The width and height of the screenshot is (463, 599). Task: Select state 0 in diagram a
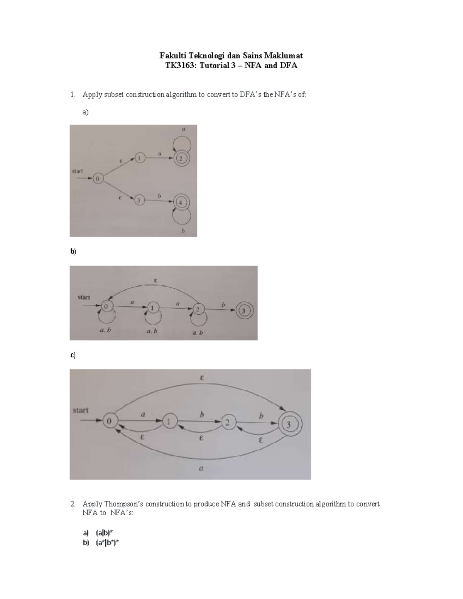(x=98, y=179)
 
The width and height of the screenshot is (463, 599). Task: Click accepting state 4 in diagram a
(x=180, y=202)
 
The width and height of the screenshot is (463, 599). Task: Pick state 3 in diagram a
(x=139, y=200)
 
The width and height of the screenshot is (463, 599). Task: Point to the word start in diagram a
(x=78, y=171)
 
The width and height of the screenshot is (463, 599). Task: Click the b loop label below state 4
(x=183, y=231)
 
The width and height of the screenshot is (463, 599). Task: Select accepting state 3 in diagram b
(x=244, y=310)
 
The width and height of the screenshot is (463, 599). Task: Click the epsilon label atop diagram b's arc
(x=155, y=281)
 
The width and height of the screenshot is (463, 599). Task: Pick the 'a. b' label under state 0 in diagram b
(x=105, y=331)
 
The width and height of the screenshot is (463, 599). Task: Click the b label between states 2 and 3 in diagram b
(x=223, y=305)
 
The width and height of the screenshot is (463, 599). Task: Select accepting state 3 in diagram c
(x=288, y=424)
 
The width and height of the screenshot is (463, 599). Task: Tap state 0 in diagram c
(x=109, y=421)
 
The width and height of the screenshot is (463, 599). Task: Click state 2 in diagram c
(x=228, y=422)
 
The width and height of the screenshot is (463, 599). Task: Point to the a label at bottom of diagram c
(x=201, y=469)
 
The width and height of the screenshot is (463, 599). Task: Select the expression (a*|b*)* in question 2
(x=107, y=543)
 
